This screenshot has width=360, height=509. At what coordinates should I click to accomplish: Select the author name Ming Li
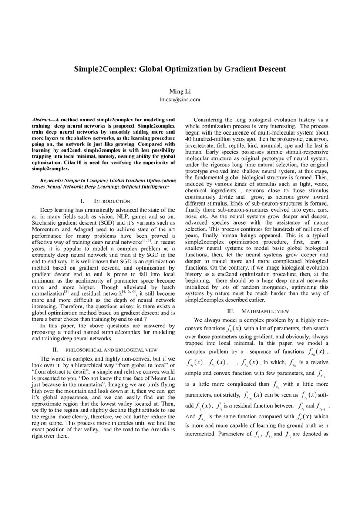(x=180, y=91)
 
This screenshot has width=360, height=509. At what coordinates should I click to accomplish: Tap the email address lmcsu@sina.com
(x=180, y=99)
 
